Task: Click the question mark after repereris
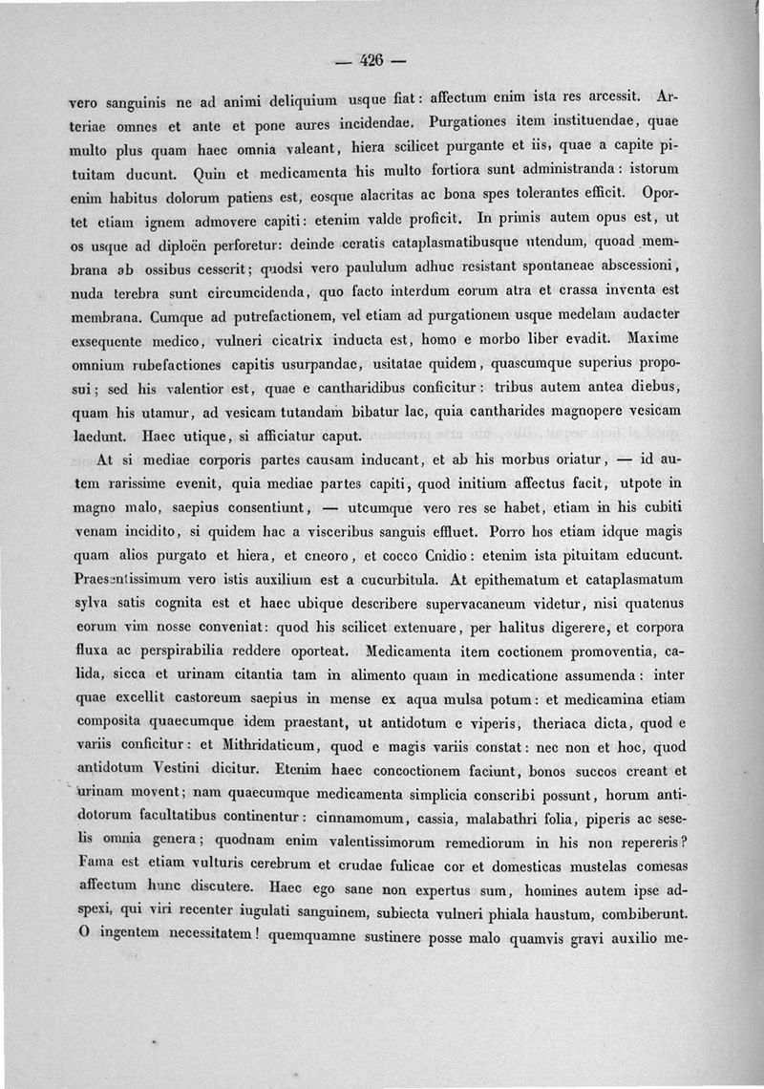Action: pos(685,843)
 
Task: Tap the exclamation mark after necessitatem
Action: pos(259,940)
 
